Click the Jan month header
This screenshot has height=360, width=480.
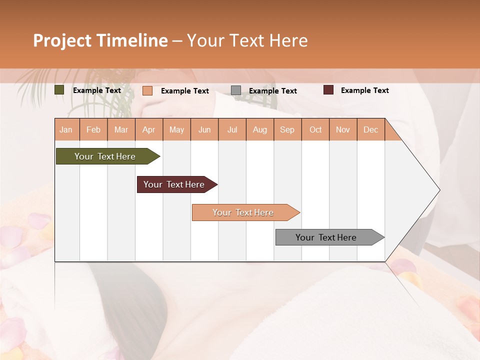tap(66, 129)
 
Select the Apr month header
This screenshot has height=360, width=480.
tap(148, 129)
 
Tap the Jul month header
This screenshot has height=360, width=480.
tap(232, 129)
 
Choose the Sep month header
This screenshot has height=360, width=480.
tap(287, 129)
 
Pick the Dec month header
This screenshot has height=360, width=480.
tap(370, 129)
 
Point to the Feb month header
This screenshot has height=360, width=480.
tap(93, 129)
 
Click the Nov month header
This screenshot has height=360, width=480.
tap(342, 129)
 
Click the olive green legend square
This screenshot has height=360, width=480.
tap(59, 90)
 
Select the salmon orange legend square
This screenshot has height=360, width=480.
tap(147, 90)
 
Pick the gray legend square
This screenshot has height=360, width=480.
tap(236, 90)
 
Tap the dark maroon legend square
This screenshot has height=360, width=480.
tap(328, 90)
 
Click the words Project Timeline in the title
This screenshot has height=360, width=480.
tap(100, 40)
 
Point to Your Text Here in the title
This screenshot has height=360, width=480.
tap(247, 40)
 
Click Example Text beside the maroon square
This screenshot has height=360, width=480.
tap(364, 90)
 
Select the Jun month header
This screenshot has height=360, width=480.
tap(204, 129)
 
